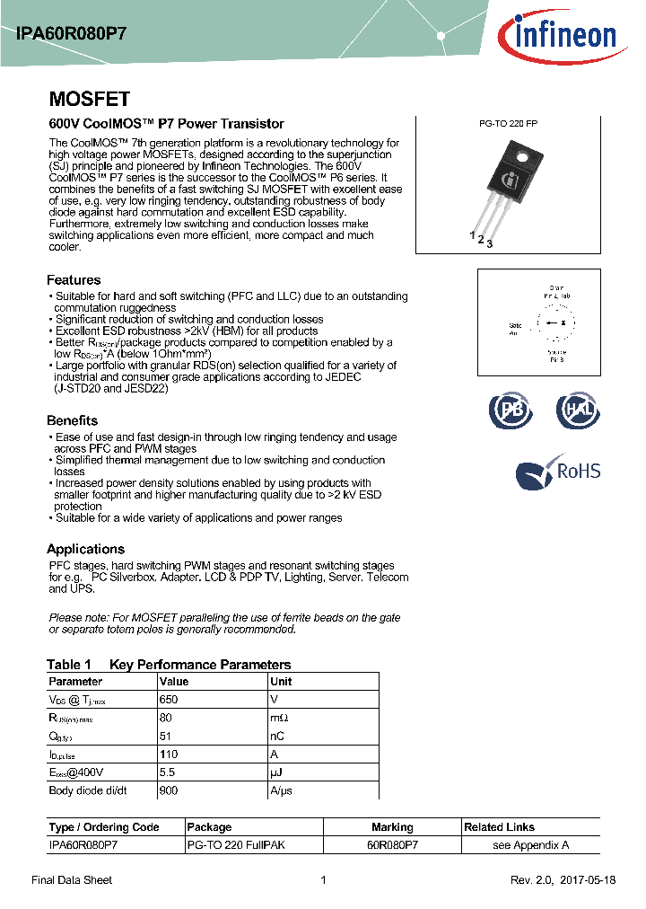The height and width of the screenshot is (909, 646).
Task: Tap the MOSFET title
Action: click(x=89, y=99)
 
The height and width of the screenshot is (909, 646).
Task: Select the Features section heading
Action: click(x=74, y=280)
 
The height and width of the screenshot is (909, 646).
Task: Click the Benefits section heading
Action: click(x=72, y=420)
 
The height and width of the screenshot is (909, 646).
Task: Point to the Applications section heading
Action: click(x=85, y=549)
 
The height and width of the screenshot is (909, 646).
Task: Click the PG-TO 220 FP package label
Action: click(x=508, y=124)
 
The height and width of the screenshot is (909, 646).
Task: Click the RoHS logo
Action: click(x=558, y=472)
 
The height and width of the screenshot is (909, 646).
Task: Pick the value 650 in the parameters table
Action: click(x=169, y=699)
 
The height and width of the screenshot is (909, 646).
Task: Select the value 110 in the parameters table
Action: click(x=169, y=755)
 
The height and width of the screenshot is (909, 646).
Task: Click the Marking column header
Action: click(x=392, y=827)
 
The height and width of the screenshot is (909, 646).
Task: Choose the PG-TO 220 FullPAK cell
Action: click(x=235, y=845)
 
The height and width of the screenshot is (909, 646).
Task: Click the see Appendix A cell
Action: click(x=530, y=845)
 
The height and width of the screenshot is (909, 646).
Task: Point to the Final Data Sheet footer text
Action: click(x=72, y=880)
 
